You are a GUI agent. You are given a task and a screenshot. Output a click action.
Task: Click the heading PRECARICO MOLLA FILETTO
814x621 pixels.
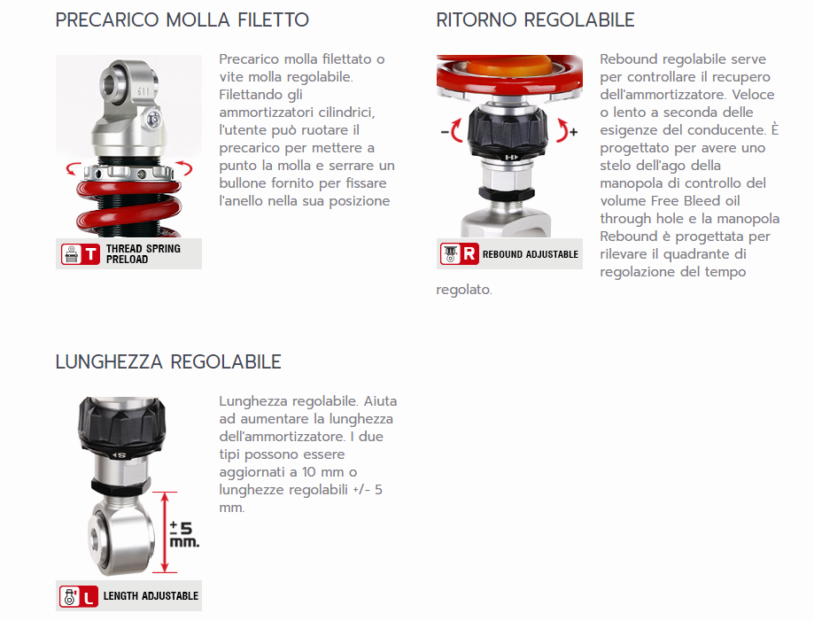point(182,20)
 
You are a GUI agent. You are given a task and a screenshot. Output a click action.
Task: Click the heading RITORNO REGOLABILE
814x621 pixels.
point(535,20)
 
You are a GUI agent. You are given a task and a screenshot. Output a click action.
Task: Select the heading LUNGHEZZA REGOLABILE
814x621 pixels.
point(168,362)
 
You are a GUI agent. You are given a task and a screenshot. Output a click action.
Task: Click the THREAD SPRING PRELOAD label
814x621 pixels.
point(143,254)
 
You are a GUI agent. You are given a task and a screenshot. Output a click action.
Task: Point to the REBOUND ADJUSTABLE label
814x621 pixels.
point(530,254)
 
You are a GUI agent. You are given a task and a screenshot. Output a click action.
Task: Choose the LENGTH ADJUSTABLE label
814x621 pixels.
point(151,596)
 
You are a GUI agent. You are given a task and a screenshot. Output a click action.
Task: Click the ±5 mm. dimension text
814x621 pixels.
point(184,535)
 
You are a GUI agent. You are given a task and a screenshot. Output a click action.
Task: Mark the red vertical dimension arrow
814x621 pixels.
point(165,532)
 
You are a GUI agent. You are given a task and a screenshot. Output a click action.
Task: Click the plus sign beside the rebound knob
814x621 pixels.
point(574,132)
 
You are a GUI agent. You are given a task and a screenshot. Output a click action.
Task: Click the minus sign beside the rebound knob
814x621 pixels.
point(445,132)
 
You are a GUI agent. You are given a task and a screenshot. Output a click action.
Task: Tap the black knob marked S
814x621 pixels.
point(122,429)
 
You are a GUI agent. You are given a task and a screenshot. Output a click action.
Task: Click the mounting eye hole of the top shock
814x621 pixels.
point(111,83)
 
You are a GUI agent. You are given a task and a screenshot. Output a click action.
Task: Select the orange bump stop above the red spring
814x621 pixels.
point(509,66)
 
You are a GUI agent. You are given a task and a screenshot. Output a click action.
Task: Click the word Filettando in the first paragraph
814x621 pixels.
point(260,95)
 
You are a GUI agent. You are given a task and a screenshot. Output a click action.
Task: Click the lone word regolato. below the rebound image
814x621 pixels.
point(464,290)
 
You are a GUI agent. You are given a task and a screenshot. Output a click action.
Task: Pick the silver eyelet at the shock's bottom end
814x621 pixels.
point(121,538)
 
